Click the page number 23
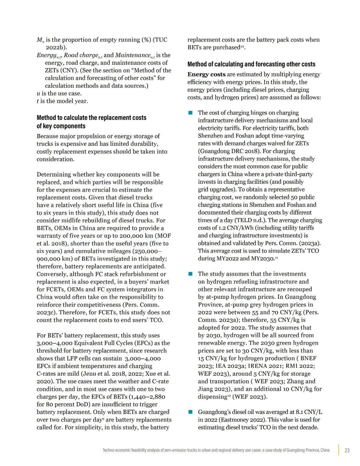[x=347, y=450]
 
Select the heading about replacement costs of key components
[x=91, y=122]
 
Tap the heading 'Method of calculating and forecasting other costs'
[x=251, y=64]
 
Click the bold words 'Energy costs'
[x=206, y=74]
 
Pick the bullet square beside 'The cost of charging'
[x=191, y=113]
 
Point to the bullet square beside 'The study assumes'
[x=191, y=274]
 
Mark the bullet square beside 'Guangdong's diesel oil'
[x=191, y=412]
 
